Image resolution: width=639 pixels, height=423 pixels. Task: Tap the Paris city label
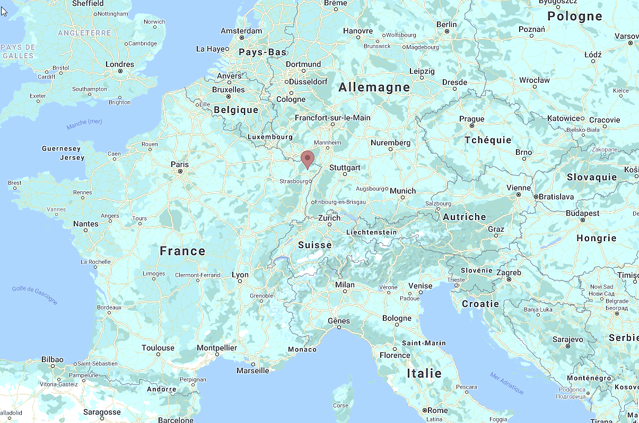(x=180, y=164)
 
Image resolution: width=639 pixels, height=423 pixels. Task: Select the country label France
(x=182, y=251)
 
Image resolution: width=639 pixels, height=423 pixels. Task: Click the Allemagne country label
(x=374, y=87)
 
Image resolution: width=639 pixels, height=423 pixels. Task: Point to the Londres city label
(x=120, y=64)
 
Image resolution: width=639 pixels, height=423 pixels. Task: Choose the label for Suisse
(x=314, y=245)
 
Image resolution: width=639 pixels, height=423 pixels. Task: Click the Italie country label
(x=424, y=373)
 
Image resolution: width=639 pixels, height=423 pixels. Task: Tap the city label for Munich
(x=403, y=191)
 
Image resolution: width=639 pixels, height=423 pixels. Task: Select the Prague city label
(x=471, y=119)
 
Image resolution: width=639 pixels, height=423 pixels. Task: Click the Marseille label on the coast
(x=253, y=371)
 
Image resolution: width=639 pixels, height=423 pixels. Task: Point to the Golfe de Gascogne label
(x=34, y=295)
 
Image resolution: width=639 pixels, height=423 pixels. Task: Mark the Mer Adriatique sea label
(x=507, y=383)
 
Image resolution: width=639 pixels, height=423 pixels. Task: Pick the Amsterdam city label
(x=241, y=31)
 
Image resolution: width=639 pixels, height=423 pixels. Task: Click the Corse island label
(x=341, y=406)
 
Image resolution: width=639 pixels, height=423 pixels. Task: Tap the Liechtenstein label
(x=371, y=232)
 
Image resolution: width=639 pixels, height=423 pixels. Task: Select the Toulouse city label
(x=158, y=348)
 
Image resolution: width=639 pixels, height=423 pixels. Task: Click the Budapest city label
(x=582, y=213)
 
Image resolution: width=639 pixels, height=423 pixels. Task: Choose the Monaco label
(x=302, y=349)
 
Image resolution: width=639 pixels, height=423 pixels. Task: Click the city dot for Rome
(x=425, y=411)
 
